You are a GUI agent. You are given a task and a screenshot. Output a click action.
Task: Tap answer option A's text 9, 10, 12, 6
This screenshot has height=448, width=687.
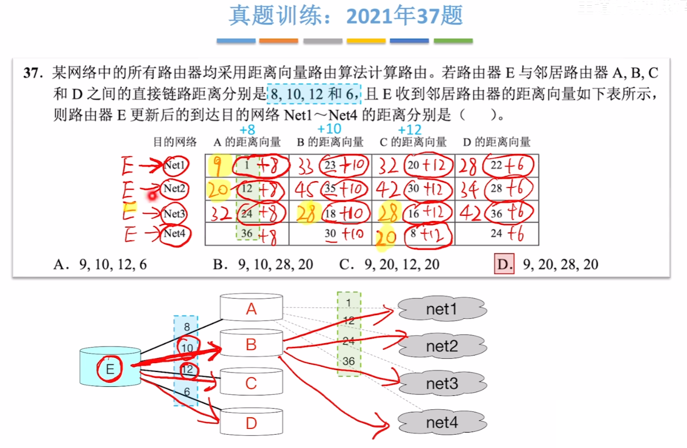112,264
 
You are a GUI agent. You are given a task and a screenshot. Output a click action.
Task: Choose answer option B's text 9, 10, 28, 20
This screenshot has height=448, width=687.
275,264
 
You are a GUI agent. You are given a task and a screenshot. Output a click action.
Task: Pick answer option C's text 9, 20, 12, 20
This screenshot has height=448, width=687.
401,264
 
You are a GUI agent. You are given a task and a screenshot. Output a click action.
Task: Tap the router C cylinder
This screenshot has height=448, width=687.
251,383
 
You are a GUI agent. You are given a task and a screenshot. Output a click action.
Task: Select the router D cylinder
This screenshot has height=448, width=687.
251,422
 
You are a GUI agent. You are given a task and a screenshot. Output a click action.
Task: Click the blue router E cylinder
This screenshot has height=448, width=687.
110,368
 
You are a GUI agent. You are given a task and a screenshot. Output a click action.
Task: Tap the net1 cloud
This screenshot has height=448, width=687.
441,309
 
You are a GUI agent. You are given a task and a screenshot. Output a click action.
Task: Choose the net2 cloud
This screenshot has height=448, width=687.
441,346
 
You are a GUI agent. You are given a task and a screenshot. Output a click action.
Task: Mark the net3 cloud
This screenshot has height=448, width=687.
441,384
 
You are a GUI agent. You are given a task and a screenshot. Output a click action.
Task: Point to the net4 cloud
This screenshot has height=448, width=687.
441,423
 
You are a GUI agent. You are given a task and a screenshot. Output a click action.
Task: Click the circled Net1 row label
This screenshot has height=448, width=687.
175,165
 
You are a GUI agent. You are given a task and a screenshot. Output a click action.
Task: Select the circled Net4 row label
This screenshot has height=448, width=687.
175,233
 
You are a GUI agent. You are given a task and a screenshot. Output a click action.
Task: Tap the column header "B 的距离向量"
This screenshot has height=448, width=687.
330,142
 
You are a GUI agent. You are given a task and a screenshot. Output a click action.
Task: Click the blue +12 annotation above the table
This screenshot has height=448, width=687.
409,130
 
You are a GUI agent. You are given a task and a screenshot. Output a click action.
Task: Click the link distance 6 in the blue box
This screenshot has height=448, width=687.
186,392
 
